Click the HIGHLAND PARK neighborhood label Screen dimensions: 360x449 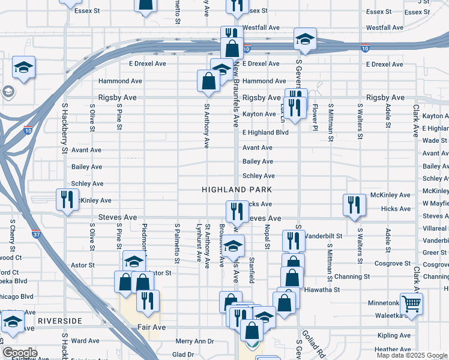237,190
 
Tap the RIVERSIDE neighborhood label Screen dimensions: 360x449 59,321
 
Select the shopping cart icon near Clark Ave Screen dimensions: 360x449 411,304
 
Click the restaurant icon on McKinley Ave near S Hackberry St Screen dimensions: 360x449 67,199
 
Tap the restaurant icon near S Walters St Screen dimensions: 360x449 354,205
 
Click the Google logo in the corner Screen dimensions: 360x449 20,353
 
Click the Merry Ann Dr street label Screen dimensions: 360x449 194,341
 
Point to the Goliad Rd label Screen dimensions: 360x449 315,343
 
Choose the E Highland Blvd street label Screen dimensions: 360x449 265,133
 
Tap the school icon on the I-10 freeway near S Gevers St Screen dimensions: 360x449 305,40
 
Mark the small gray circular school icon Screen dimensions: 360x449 8,92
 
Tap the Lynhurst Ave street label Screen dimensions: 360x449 199,244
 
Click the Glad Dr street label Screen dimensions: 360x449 183,354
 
